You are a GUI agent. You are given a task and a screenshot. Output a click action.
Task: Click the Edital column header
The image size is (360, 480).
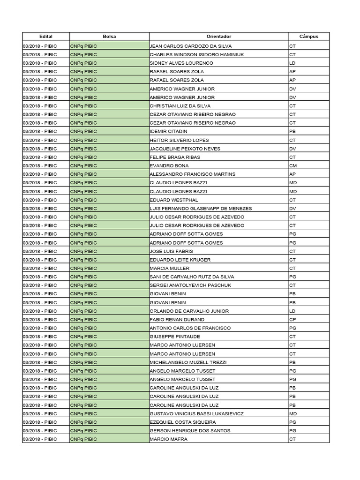[46, 37]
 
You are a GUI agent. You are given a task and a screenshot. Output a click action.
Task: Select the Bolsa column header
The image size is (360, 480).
[109, 37]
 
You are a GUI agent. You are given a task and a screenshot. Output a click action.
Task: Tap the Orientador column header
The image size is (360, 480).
[218, 37]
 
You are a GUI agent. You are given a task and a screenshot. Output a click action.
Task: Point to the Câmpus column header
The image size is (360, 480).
[309, 37]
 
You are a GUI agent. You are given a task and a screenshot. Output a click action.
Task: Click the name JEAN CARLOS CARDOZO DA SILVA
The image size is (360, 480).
[190, 46]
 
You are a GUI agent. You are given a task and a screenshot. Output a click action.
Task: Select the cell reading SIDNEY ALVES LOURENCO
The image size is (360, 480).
[181, 63]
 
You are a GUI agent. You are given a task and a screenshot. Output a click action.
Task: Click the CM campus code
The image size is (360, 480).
[292, 165]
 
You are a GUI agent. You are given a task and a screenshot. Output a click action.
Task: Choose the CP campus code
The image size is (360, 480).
[292, 319]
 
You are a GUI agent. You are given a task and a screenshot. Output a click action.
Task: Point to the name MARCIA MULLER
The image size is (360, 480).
[169, 268]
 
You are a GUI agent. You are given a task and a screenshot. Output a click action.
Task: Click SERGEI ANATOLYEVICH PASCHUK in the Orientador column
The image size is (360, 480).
[190, 285]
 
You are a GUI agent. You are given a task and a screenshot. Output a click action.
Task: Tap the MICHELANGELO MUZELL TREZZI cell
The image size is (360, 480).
[188, 362]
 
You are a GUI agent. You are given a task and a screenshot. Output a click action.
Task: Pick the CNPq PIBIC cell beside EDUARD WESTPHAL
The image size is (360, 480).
[109, 200]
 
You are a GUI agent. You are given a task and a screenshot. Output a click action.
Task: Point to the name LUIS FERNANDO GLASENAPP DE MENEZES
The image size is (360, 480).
[201, 208]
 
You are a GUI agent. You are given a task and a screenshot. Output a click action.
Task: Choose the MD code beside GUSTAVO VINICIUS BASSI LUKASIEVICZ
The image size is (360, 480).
[293, 413]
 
